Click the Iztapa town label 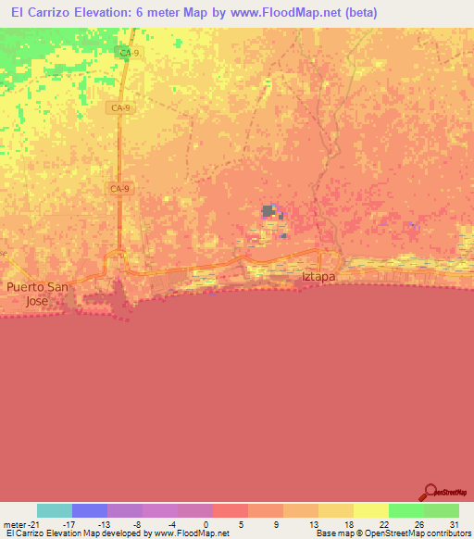point(318,276)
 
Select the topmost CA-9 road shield point(129,54)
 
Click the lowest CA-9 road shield point(118,189)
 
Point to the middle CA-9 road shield point(119,108)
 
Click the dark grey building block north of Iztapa point(268,211)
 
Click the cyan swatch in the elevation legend point(55,510)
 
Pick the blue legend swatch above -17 point(90,510)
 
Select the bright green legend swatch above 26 point(406,510)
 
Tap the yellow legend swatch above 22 point(371,510)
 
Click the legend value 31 point(454,523)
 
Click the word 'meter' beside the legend point(14,523)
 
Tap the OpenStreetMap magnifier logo point(430,492)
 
